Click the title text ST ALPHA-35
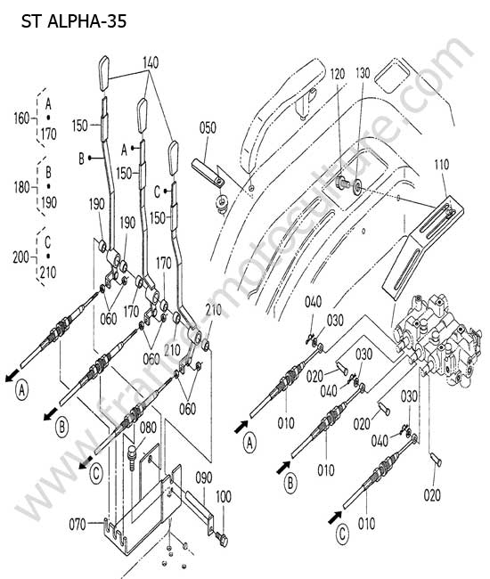74,21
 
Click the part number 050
208,128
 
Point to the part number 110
441,164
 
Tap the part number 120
338,74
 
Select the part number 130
363,73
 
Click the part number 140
151,62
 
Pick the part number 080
148,428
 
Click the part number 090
203,477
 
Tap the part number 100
223,497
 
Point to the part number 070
78,524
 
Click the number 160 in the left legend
21,118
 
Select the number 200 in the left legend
20,257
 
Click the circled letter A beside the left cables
22,390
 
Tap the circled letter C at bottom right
343,534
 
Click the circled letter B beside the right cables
290,483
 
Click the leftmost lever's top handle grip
103,73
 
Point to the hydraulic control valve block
437,339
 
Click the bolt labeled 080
132,457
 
